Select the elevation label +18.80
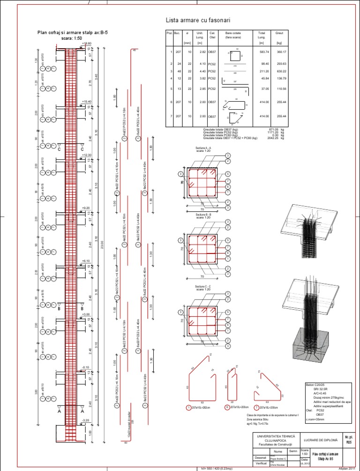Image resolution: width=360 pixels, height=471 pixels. point(86,43)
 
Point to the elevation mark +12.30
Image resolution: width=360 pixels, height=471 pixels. point(86,155)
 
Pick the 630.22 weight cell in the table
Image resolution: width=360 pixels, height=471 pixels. point(282,71)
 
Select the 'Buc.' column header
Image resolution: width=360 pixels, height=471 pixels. point(177,34)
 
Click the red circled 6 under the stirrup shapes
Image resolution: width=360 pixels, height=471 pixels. point(226,407)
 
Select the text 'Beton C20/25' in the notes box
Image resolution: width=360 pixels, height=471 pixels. point(315,384)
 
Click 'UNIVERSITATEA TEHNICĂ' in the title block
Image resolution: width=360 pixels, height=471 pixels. point(272,436)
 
